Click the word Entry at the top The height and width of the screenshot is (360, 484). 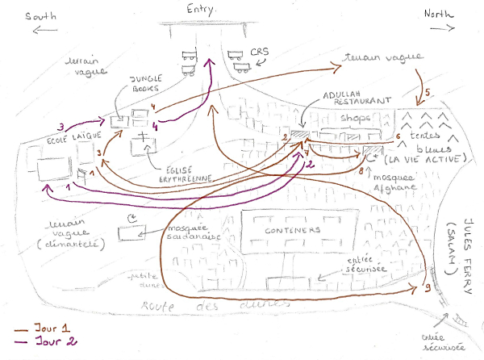tap(207, 9)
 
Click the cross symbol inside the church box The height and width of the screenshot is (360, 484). tap(146, 135)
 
